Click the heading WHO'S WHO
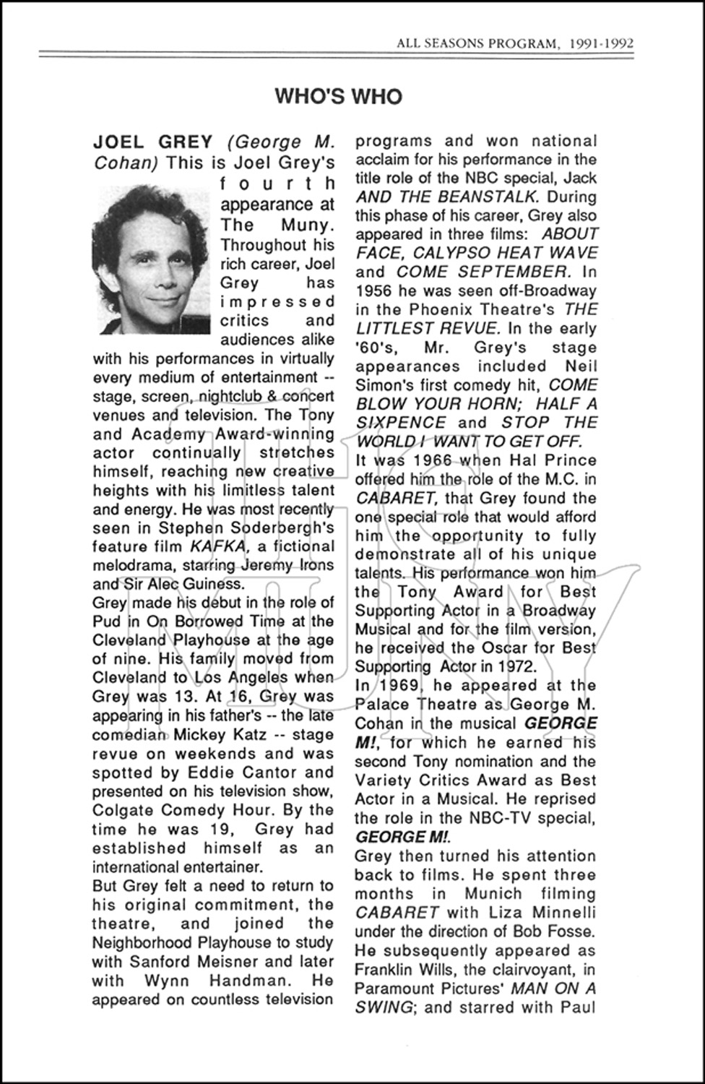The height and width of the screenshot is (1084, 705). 338,97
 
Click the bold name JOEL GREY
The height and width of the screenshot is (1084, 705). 152,142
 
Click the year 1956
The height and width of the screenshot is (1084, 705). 375,291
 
